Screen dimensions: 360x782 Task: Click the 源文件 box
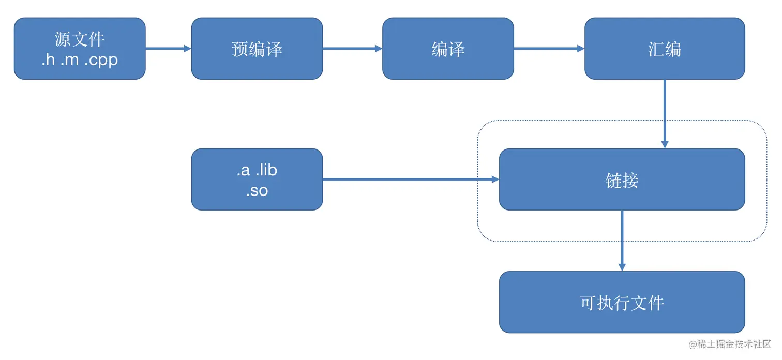click(x=80, y=49)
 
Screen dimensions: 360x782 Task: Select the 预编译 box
click(x=257, y=49)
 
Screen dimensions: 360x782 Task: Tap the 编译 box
click(x=448, y=49)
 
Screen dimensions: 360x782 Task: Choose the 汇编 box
click(x=665, y=49)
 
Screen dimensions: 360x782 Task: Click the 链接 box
click(x=622, y=179)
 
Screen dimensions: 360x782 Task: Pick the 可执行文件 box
click(x=622, y=302)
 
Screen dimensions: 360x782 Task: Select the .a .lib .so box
click(x=257, y=179)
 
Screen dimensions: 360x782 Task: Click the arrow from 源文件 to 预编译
click(x=168, y=49)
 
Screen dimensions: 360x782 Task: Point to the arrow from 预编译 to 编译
click(x=352, y=49)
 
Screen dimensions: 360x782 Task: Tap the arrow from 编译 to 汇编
click(x=549, y=49)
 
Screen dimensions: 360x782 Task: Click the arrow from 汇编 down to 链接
click(x=665, y=114)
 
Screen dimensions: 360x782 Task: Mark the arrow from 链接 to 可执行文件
click(x=622, y=241)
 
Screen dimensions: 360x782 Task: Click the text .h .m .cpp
click(x=80, y=59)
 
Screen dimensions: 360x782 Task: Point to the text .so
click(x=257, y=190)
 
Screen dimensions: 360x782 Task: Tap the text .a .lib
click(x=257, y=170)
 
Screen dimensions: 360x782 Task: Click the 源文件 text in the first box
click(x=80, y=39)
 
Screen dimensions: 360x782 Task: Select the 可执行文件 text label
click(x=622, y=303)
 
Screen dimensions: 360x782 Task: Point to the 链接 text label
click(x=622, y=180)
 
